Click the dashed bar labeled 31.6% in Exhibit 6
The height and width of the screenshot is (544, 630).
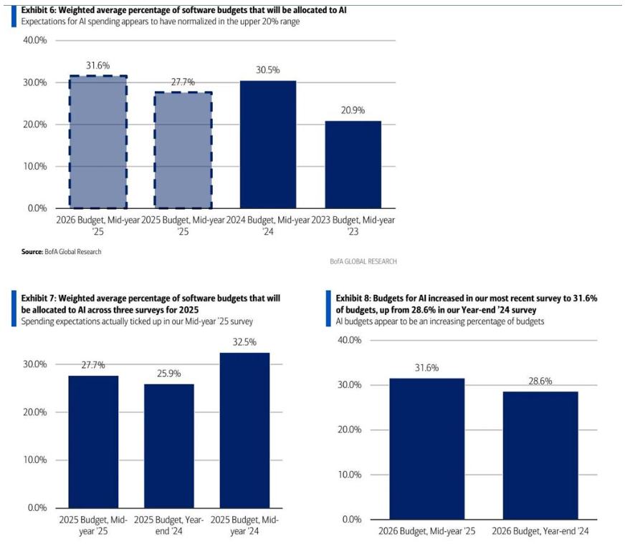pyautogui.click(x=98, y=142)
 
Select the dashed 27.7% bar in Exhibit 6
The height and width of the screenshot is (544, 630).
pyautogui.click(x=183, y=150)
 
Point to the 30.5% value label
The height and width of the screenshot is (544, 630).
pyautogui.click(x=267, y=70)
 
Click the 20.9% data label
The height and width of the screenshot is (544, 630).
pyautogui.click(x=352, y=110)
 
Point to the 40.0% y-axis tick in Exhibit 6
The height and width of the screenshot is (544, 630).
pyautogui.click(x=35, y=41)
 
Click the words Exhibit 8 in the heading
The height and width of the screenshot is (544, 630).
pyautogui.click(x=353, y=297)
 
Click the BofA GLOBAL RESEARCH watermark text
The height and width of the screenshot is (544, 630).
pyautogui.click(x=363, y=262)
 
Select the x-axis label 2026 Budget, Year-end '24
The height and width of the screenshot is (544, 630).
pyautogui.click(x=540, y=531)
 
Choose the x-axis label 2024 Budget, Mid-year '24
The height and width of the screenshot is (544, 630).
pyautogui.click(x=267, y=226)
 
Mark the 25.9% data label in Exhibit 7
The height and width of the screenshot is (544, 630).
pyautogui.click(x=169, y=374)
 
